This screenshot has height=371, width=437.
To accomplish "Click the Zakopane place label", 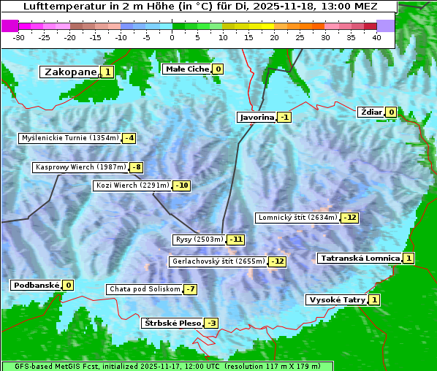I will (x=70, y=72).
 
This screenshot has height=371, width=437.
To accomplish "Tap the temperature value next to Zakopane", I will (x=107, y=72).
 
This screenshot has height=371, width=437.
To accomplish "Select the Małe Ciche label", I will (x=186, y=69).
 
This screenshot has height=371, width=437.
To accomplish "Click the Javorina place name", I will (x=256, y=117).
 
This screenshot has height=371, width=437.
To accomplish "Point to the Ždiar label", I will (x=370, y=112).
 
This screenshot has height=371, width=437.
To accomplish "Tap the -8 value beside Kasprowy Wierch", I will (x=136, y=167).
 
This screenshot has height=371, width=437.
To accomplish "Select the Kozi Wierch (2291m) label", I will (x=132, y=185).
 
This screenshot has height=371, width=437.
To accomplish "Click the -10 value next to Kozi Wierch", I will (x=181, y=185).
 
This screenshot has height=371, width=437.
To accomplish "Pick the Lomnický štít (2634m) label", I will (x=297, y=218).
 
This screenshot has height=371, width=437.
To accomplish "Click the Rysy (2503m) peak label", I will (x=199, y=240).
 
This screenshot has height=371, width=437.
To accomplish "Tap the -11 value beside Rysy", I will (x=236, y=240).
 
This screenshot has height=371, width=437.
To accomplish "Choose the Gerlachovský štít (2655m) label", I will (x=216, y=261).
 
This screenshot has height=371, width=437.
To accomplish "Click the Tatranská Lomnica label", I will (x=360, y=258).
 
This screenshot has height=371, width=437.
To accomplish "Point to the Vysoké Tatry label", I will (x=336, y=299).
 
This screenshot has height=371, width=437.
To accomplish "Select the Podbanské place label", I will (x=34, y=285).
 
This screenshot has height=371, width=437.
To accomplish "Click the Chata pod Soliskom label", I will (x=143, y=289).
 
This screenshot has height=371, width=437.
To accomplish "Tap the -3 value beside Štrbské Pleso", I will (x=211, y=323).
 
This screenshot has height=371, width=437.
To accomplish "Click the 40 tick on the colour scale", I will (x=376, y=37).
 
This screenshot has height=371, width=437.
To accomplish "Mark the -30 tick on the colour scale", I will (x=20, y=37).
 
